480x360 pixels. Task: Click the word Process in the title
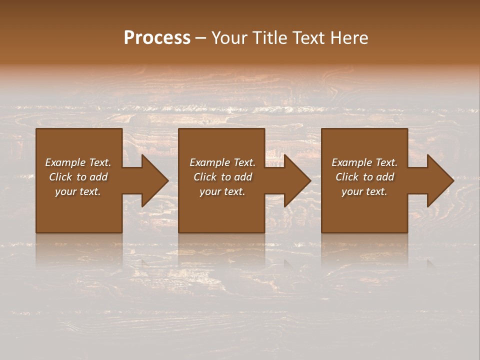click(x=157, y=38)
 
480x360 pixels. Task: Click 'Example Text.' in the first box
click(x=78, y=162)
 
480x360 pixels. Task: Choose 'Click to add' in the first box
click(x=78, y=177)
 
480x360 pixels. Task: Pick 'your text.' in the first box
click(x=78, y=191)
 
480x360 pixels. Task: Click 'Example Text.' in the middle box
click(x=222, y=162)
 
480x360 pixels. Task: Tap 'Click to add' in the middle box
click(x=222, y=177)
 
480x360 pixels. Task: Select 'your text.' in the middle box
click(x=222, y=191)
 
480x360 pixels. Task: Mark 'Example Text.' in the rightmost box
click(x=364, y=162)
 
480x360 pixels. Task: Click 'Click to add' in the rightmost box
click(x=364, y=177)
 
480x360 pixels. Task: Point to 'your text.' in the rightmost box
click(x=364, y=191)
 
